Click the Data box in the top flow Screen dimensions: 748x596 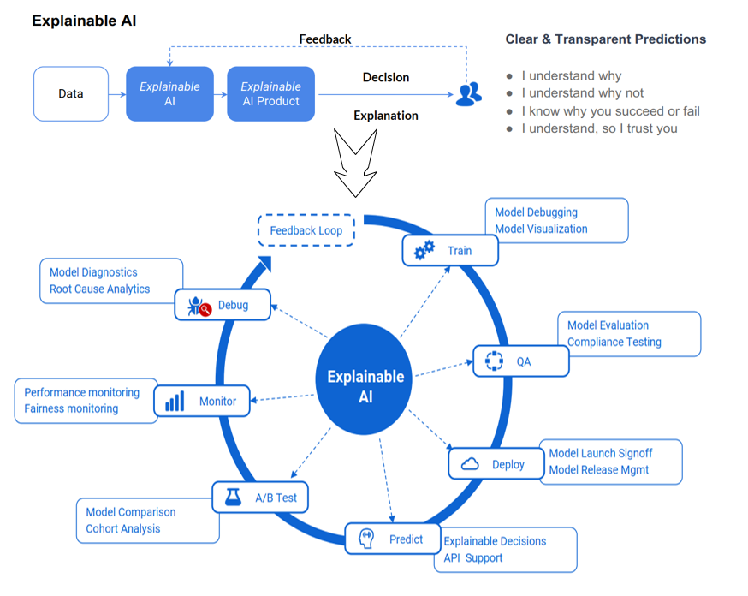coord(71,93)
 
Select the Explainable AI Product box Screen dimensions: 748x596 coord(271,93)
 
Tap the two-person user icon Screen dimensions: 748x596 coord(468,94)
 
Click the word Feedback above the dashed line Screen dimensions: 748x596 coord(325,39)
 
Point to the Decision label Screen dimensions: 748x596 coord(386,77)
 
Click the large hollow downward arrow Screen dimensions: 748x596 coord(355,162)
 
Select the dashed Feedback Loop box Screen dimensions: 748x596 coord(306,230)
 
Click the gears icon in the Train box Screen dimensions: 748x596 coord(424,250)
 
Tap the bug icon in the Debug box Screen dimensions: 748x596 coord(199,306)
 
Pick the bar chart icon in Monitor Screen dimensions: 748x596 coord(175,402)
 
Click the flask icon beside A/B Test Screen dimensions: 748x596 coord(233,498)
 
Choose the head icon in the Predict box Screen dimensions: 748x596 coord(366,539)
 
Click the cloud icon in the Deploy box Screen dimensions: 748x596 coord(470,464)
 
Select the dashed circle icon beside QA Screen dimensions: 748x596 coord(494,361)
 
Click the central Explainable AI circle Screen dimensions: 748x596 coord(364,379)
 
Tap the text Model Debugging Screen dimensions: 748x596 coord(537,212)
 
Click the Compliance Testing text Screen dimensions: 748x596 coord(614,343)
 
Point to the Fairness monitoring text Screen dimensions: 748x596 coord(71,409)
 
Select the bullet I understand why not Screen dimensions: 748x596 coord(582,93)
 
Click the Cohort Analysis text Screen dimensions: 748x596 coord(123,529)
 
